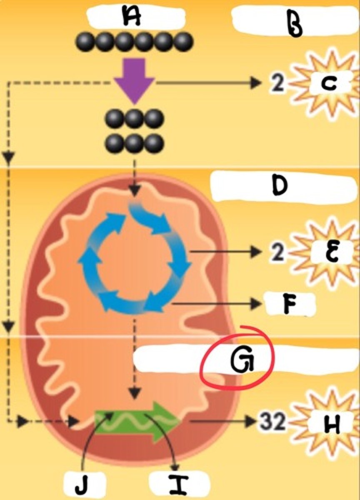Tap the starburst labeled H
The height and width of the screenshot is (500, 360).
point(329,425)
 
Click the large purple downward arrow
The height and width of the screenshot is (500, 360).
point(134,80)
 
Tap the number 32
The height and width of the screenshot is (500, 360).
point(273,422)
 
